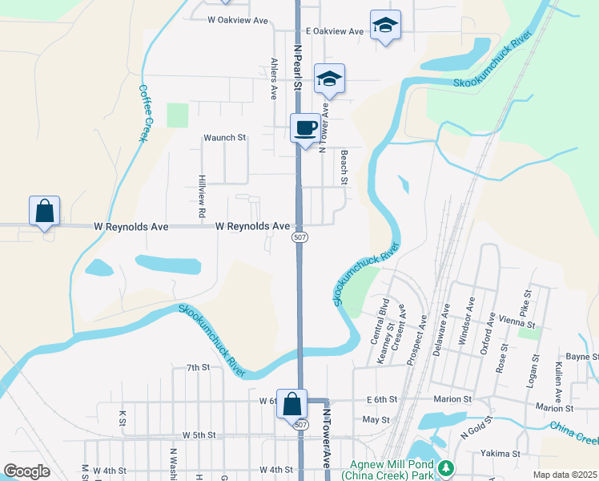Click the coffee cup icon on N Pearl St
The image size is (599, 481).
(304, 128)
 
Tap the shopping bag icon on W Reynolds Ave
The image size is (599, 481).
(45, 211)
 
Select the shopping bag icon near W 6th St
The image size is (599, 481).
(292, 403)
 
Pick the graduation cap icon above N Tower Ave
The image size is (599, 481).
(329, 79)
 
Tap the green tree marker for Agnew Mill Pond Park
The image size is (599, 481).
(447, 467)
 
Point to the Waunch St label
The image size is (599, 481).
(224, 138)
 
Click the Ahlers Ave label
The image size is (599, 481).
(274, 78)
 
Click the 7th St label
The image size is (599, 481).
(198, 368)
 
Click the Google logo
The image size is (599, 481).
(26, 471)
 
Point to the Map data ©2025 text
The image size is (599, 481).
(565, 475)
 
